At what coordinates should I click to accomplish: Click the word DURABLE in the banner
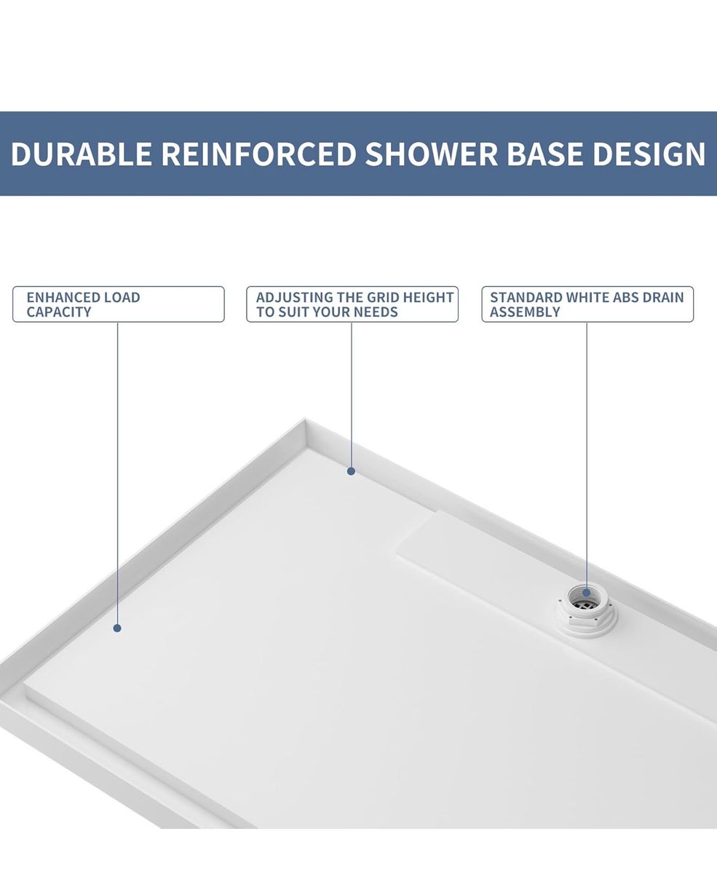tap(82, 154)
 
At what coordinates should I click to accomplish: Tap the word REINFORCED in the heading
tap(258, 154)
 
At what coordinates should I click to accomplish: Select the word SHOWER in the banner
tap(431, 154)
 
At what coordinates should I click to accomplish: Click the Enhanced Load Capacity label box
tap(119, 304)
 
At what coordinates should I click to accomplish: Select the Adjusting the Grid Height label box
tap(352, 304)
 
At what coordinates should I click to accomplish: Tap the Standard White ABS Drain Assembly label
tap(587, 304)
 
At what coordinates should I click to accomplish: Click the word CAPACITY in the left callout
tap(59, 312)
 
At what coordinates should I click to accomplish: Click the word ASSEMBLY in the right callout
tap(525, 312)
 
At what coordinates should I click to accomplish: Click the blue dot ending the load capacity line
tap(117, 629)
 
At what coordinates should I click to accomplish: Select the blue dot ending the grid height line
tap(351, 471)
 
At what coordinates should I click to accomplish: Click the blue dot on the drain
tap(586, 593)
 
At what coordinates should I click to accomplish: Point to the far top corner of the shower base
tap(305, 419)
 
